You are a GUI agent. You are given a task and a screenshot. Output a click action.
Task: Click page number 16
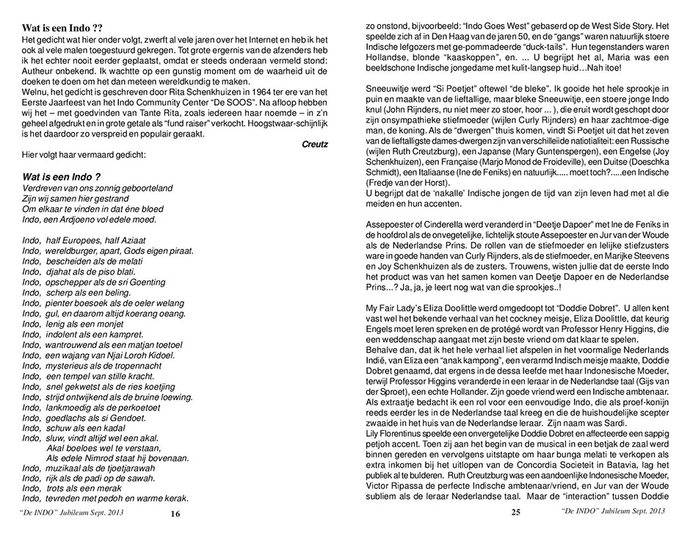pyautogui.click(x=175, y=514)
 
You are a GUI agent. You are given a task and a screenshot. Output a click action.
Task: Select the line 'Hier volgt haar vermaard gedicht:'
pyautogui.click(x=84, y=156)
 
